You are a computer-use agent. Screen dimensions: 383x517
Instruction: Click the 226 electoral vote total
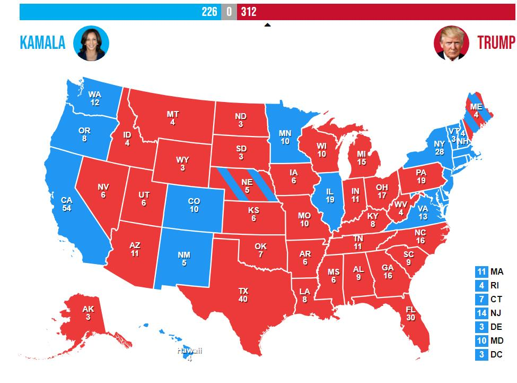tap(209, 12)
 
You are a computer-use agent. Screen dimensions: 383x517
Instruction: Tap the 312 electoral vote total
tap(249, 12)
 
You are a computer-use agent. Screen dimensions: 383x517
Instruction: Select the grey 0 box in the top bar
tap(229, 12)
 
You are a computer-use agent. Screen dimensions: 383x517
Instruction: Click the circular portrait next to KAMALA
tap(91, 43)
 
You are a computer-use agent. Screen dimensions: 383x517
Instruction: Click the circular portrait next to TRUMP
tap(451, 43)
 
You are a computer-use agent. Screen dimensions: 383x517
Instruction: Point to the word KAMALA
tap(42, 43)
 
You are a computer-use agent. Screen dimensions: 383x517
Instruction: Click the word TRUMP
tap(496, 43)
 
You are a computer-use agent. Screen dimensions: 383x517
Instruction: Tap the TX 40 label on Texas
tap(243, 295)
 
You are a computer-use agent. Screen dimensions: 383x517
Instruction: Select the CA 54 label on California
tap(66, 204)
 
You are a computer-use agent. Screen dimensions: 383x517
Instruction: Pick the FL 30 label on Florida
tap(410, 313)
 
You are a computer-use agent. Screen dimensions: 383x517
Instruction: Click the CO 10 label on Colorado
tap(194, 206)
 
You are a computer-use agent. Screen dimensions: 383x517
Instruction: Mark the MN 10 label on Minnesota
tap(285, 138)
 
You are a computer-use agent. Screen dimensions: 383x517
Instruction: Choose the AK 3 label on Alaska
tap(87, 313)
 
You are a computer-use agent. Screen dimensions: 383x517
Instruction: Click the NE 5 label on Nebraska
tap(247, 186)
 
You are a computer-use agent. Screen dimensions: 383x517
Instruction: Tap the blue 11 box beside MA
tap(481, 272)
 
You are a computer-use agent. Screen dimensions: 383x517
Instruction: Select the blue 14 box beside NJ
tap(481, 313)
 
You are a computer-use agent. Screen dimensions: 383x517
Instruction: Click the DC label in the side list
tap(496, 355)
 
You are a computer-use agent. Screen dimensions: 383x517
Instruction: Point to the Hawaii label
tap(189, 351)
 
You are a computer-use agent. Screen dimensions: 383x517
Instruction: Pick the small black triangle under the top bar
tap(267, 24)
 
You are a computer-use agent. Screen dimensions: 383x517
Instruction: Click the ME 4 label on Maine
tap(476, 110)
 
